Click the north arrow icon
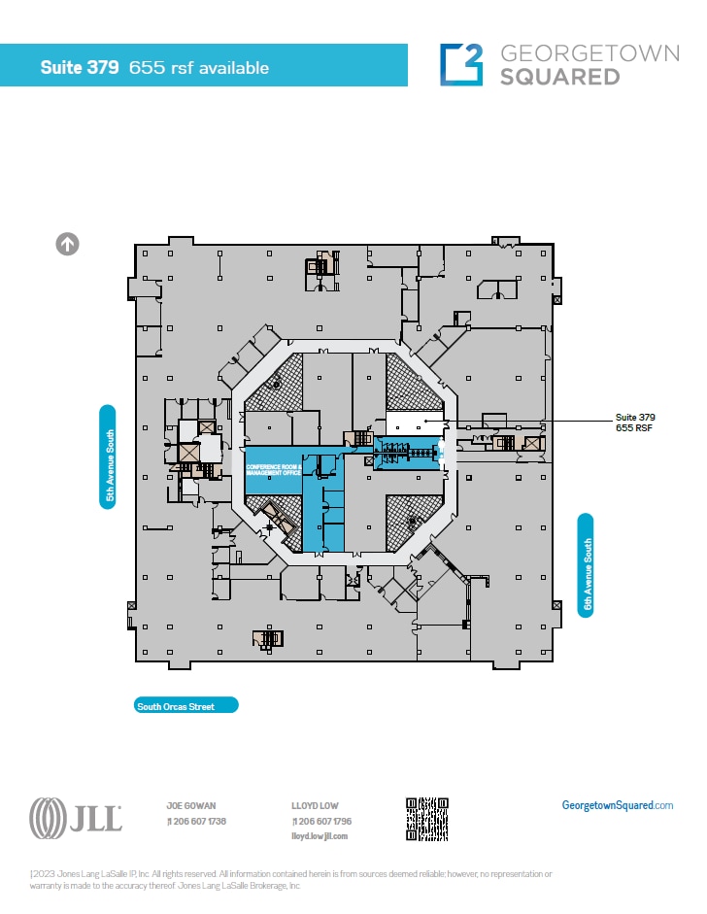click(x=68, y=244)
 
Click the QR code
click(x=427, y=819)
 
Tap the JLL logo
click(x=76, y=818)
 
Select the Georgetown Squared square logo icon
click(x=461, y=64)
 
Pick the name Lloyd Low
click(x=315, y=805)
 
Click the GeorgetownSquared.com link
click(x=618, y=805)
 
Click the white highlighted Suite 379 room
click(x=415, y=423)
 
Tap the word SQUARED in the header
click(x=559, y=77)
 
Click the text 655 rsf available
click(x=199, y=68)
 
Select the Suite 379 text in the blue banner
click(x=80, y=68)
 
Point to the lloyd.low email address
click(x=319, y=835)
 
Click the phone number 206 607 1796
click(x=323, y=821)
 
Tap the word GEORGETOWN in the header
click(x=589, y=52)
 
